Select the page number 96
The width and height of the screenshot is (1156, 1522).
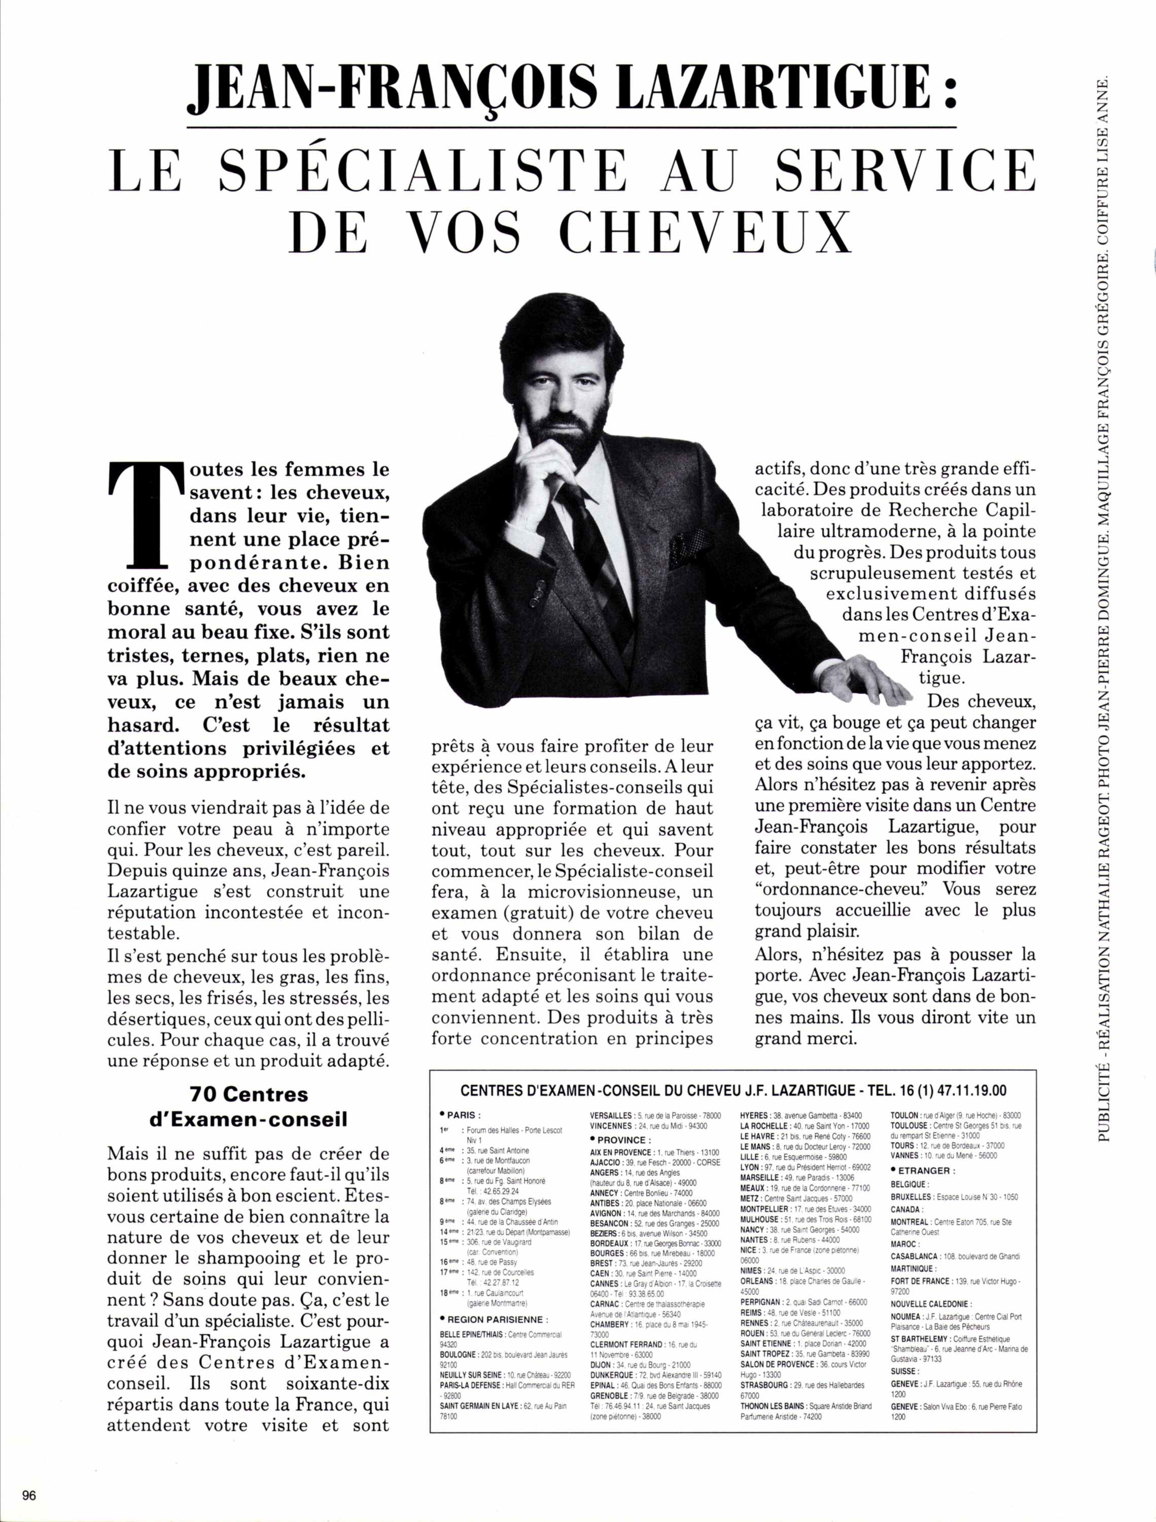tap(29, 1495)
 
